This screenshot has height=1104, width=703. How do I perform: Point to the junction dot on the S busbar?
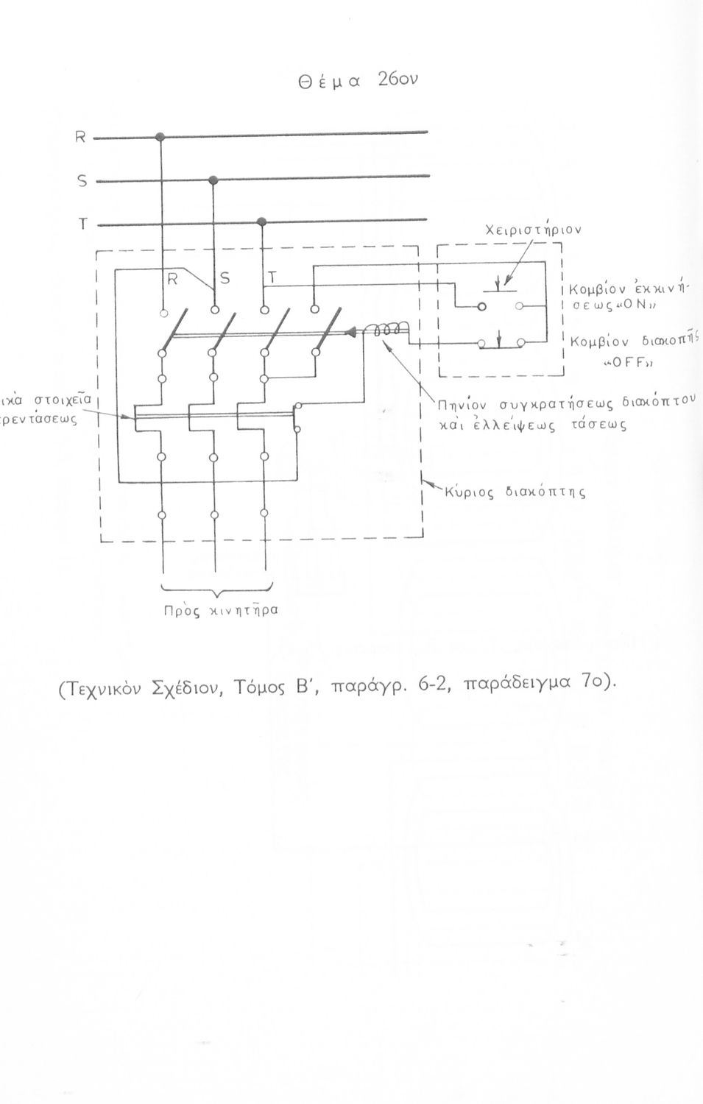(x=213, y=180)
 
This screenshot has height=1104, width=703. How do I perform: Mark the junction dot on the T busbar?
(x=261, y=221)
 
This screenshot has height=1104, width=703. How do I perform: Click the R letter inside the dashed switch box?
(x=173, y=279)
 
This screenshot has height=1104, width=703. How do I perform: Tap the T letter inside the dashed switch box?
(x=272, y=278)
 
